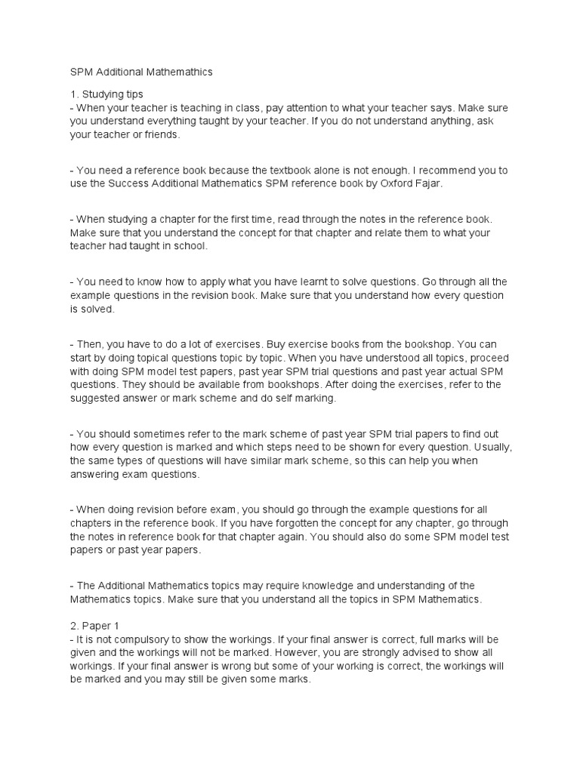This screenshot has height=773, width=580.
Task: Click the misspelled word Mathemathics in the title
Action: pos(176,72)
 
